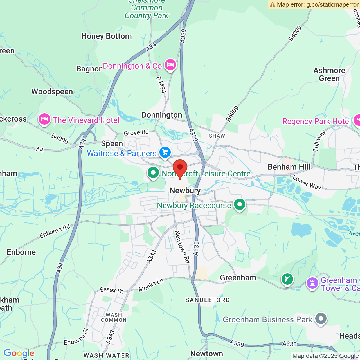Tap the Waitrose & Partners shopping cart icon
pyautogui.click(x=165, y=152)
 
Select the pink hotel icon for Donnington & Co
pyautogui.click(x=170, y=65)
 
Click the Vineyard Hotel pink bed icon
pyautogui.click(x=44, y=119)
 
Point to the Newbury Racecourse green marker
pyautogui.click(x=240, y=205)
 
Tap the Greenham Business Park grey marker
pyautogui.click(x=321, y=319)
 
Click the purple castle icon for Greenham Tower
pyautogui.click(x=312, y=283)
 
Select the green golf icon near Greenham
pyautogui.click(x=287, y=279)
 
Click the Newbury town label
pyautogui.click(x=185, y=191)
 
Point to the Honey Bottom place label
pyautogui.click(x=107, y=36)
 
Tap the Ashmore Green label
pyautogui.click(x=329, y=74)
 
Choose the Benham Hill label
pyautogui.click(x=289, y=167)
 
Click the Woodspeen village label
pyautogui.click(x=52, y=92)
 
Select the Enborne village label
pyautogui.click(x=21, y=252)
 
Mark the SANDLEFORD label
pyautogui.click(x=208, y=300)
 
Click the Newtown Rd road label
pyautogui.click(x=182, y=247)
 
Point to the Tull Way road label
pyautogui.click(x=319, y=141)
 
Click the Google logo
pyautogui.click(x=19, y=354)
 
